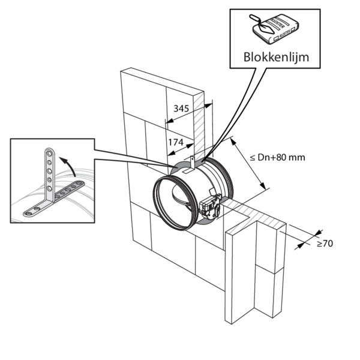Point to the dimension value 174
coord(175,142)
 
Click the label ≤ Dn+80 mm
coord(277,157)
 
